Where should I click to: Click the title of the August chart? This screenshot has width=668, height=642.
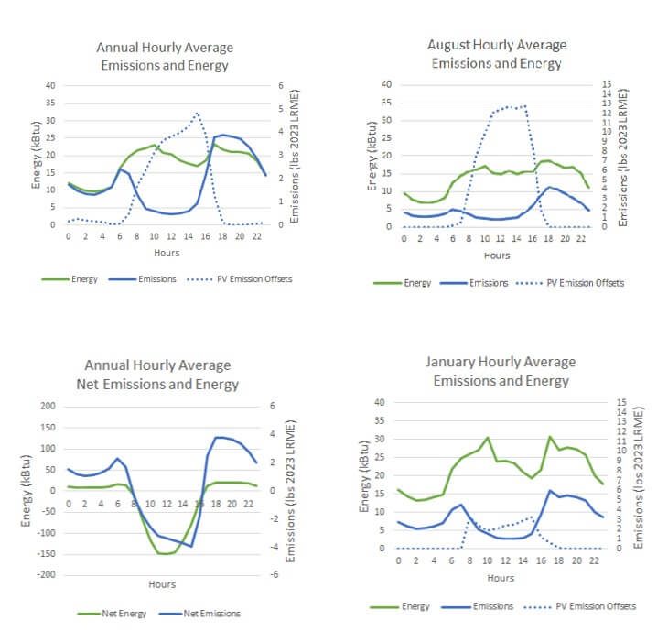496,54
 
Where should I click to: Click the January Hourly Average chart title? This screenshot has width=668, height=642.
496,372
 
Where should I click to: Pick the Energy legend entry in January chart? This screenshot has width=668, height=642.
410,606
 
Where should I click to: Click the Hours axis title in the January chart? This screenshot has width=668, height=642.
500,578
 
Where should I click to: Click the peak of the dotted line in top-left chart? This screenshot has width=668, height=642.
196,113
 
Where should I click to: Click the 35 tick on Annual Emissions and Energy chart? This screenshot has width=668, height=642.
50,103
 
